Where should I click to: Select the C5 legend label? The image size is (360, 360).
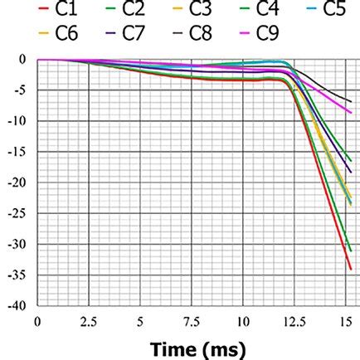[x=333, y=11]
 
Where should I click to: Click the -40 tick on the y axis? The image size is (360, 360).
[x=17, y=306]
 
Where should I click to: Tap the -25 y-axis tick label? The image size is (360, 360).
[x=17, y=213]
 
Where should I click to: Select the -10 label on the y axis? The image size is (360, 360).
[x=17, y=121]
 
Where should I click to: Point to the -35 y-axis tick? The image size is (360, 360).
[x=17, y=275]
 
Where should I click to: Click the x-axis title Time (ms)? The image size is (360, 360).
[x=198, y=348]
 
